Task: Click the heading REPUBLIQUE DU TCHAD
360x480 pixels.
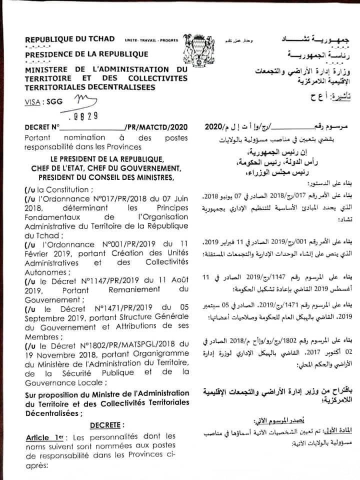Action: [x=69, y=39]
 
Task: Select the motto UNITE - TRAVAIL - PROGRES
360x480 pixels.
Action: [x=147, y=39]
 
